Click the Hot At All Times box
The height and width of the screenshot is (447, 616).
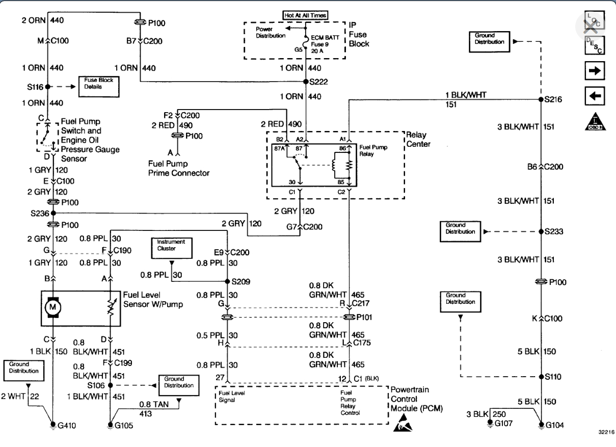pyautogui.click(x=305, y=15)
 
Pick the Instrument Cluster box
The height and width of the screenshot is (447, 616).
pyautogui.click(x=171, y=247)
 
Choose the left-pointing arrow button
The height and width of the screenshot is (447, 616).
pyautogui.click(x=594, y=95)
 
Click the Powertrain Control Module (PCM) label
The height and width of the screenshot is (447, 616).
pyautogui.click(x=417, y=399)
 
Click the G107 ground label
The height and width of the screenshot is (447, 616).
pyautogui.click(x=505, y=423)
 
